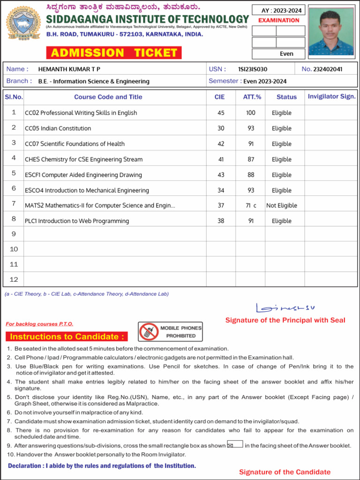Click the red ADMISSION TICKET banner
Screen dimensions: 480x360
[114, 52]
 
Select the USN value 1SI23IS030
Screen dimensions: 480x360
[253, 69]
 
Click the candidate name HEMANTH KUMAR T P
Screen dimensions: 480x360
[69, 69]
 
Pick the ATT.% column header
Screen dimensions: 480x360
[252, 97]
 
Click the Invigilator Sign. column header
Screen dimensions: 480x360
[331, 97]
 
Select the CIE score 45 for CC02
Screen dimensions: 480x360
[221, 113]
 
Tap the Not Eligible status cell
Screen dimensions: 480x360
[281, 205]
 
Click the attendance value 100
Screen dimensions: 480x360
[251, 113]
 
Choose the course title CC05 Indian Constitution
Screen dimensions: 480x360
[58, 128]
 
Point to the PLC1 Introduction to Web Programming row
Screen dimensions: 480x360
[77, 221]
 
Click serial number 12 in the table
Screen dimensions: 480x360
[14, 279]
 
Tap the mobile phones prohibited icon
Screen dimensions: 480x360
[148, 332]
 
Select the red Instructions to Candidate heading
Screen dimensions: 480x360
[67, 337]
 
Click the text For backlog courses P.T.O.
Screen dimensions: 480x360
[39, 324]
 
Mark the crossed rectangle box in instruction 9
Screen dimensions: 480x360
[234, 444]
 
